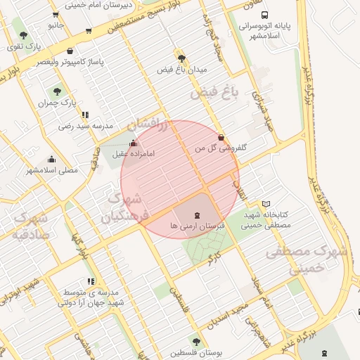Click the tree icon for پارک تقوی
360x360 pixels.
coord(23,34)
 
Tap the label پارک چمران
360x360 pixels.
coord(57,103)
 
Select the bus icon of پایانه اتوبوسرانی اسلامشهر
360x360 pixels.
coord(264,14)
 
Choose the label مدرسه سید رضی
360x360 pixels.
coord(85,127)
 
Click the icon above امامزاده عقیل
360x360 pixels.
coord(134,143)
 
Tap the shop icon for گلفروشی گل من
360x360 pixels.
coord(221,138)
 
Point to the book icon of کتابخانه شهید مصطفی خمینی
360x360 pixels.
coord(265,203)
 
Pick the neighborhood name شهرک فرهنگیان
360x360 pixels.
coord(126,208)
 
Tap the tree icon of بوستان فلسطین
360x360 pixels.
coord(195,342)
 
